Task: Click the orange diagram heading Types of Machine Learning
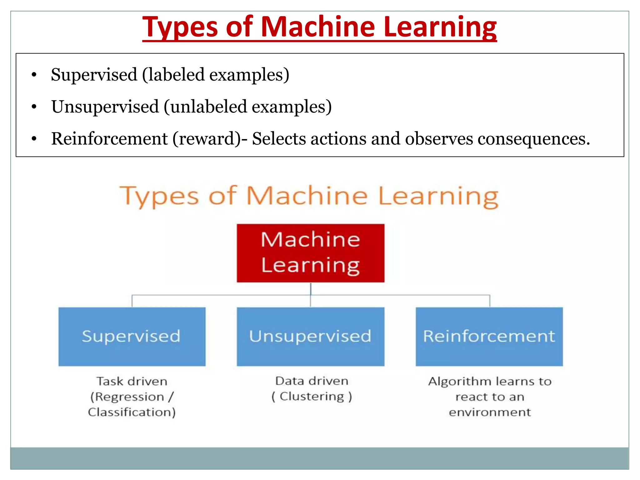pyautogui.click(x=309, y=196)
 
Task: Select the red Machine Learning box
pyautogui.click(x=310, y=253)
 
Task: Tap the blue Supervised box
pyautogui.click(x=132, y=337)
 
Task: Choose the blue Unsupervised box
pyautogui.click(x=310, y=337)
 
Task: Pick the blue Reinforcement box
pyautogui.click(x=489, y=337)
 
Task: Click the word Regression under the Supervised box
pyautogui.click(x=129, y=397)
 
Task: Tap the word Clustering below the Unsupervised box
pyautogui.click(x=312, y=397)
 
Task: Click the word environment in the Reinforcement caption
pyautogui.click(x=490, y=412)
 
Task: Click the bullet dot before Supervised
pyautogui.click(x=34, y=75)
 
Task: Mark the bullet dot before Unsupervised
pyautogui.click(x=34, y=107)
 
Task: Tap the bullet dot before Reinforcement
pyautogui.click(x=34, y=139)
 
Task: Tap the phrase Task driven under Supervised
pyautogui.click(x=132, y=382)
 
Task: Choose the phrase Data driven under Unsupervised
pyautogui.click(x=312, y=381)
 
